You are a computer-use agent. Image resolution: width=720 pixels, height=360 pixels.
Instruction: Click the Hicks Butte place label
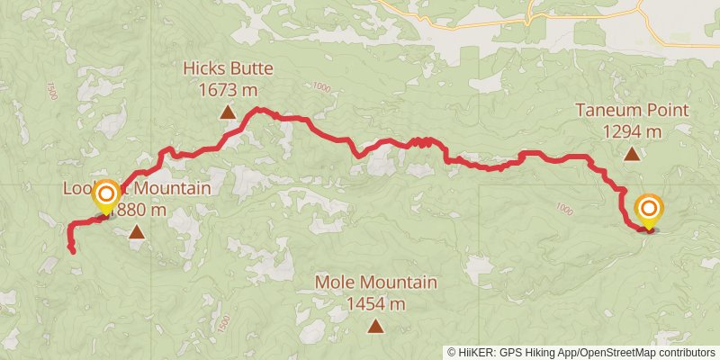(x=228, y=68)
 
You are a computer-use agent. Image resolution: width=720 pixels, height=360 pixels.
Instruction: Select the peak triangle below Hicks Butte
(x=228, y=112)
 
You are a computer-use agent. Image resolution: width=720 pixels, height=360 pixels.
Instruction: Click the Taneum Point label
(x=633, y=111)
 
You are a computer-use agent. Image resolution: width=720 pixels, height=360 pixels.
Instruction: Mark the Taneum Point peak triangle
(x=633, y=154)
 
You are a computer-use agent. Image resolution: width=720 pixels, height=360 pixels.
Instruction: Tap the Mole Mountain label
(x=376, y=283)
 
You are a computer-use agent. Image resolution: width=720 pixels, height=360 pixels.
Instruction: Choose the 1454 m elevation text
(x=376, y=303)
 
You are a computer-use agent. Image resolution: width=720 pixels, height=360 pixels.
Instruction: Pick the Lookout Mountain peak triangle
(x=136, y=232)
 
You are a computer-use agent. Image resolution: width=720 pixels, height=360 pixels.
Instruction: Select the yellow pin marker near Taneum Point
(x=649, y=211)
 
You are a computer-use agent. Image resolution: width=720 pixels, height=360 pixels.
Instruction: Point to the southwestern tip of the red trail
(x=73, y=253)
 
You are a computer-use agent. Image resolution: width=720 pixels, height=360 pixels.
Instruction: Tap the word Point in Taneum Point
(x=667, y=111)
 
